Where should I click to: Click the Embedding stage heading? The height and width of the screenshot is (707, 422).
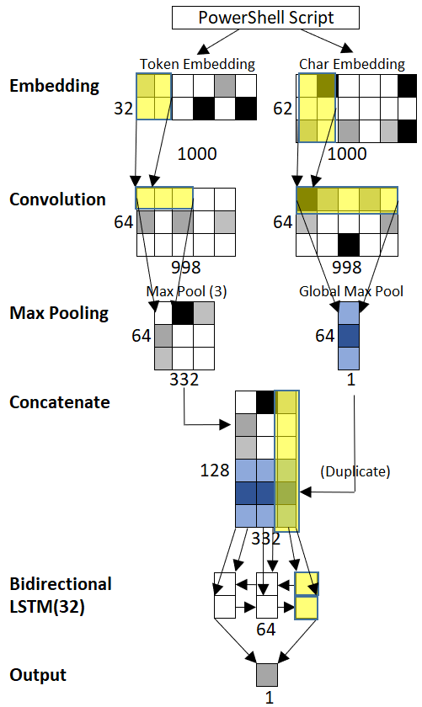click(55, 86)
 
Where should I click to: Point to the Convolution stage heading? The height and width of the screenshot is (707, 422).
click(58, 199)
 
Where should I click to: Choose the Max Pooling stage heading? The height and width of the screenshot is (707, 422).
click(59, 313)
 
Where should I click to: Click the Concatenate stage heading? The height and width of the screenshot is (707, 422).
click(60, 401)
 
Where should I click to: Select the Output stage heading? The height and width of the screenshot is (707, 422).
click(38, 675)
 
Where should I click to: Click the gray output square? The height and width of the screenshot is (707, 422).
click(267, 674)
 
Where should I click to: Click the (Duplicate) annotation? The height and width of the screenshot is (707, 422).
click(355, 471)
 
